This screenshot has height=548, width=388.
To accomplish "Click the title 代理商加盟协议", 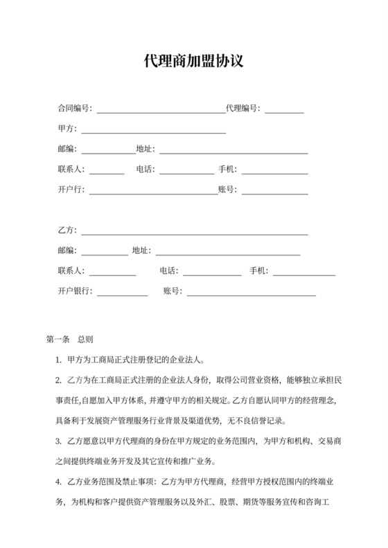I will click(193, 62).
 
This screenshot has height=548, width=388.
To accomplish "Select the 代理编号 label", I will click(242, 109).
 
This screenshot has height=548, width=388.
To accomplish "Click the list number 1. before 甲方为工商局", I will click(59, 360).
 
